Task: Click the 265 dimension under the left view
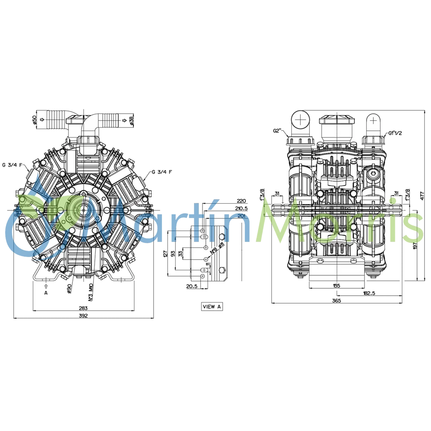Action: click(x=83, y=308)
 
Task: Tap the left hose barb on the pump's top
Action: click(x=55, y=120)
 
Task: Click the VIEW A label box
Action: click(x=212, y=307)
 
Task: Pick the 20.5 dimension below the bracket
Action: click(x=192, y=286)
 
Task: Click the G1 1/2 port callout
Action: click(x=396, y=133)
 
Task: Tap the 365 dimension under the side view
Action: click(x=336, y=300)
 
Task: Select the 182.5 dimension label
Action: click(x=369, y=292)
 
